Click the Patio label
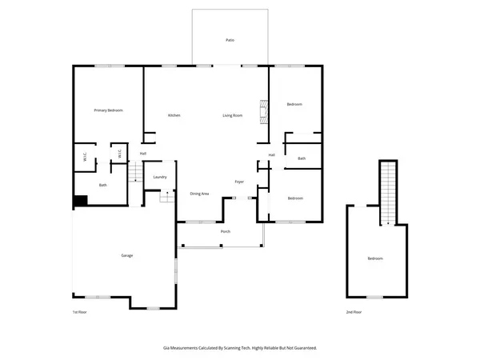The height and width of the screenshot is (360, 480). tap(230, 39)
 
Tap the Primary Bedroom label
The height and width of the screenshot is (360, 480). tap(108, 110)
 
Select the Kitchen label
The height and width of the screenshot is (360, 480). tap(174, 115)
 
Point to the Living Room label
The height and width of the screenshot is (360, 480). tap(233, 115)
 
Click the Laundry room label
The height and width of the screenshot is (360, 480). tap(159, 177)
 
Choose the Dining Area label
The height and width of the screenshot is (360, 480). tap(199, 194)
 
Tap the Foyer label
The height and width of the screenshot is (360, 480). tap(238, 182)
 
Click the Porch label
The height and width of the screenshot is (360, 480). tap(226, 231)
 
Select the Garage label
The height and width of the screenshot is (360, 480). tap(126, 255)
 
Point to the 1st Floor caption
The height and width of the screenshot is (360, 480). tap(79, 311)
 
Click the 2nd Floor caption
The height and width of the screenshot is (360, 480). tap(354, 311)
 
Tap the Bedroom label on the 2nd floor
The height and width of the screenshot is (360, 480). tap(375, 258)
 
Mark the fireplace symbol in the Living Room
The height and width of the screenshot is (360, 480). tap(262, 111)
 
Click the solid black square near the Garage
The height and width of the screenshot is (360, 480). tap(80, 202)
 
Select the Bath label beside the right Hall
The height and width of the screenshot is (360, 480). tap(302, 158)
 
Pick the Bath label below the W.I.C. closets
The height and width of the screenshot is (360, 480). tap(103, 185)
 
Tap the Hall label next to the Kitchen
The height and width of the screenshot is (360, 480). tap(143, 154)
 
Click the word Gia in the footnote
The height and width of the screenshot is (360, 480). tap(166, 348)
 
